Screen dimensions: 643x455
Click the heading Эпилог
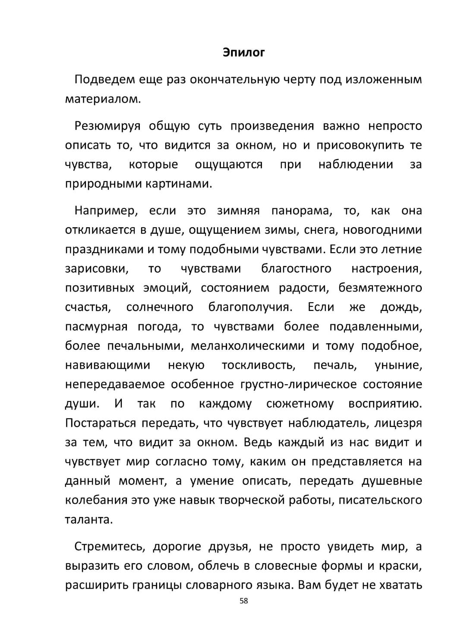243,53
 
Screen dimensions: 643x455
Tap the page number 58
243,601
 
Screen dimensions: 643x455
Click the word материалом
103,99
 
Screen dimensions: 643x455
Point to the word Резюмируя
107,126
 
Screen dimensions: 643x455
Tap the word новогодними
382,230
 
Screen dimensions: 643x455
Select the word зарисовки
97,269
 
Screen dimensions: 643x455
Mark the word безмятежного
380,288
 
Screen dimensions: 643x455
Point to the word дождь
401,307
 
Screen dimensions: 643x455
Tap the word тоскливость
259,365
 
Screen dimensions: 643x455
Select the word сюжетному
300,404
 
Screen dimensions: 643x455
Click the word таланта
89,520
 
